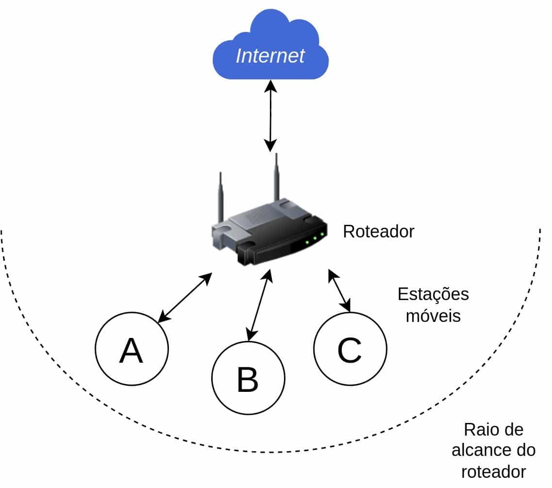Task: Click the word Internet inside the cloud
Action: tap(270, 55)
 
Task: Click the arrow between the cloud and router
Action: tap(270, 117)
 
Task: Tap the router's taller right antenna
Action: tap(277, 177)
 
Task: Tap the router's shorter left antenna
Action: tap(221, 194)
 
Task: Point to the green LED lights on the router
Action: tap(314, 237)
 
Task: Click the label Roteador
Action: tap(378, 232)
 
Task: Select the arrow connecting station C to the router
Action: tap(339, 290)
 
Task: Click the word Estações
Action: tap(433, 295)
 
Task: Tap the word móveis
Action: tap(433, 316)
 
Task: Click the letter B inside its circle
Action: tap(248, 380)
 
